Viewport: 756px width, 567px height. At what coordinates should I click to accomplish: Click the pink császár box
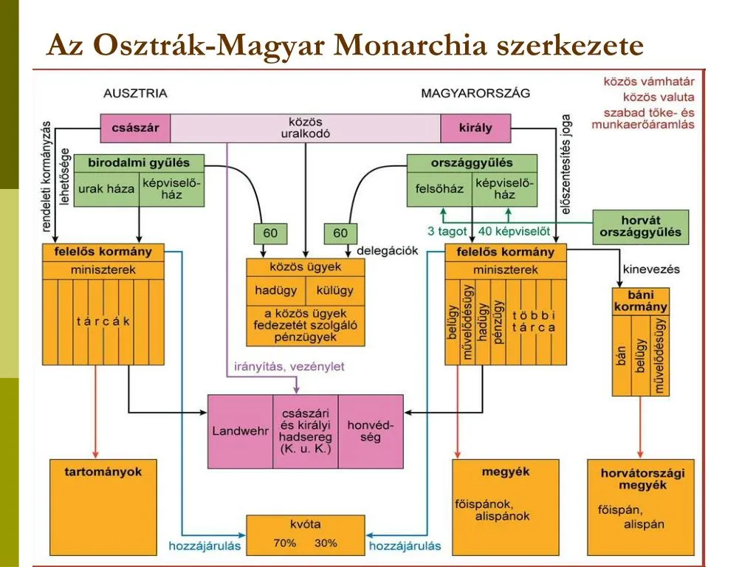(135, 128)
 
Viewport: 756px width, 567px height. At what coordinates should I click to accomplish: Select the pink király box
(475, 128)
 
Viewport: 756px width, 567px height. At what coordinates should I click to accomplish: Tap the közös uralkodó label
(305, 128)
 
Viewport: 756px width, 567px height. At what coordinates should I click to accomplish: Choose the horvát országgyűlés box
(641, 227)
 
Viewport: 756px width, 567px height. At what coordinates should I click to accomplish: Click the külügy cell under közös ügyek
(335, 290)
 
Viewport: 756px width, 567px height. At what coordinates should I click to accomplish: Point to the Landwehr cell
(240, 431)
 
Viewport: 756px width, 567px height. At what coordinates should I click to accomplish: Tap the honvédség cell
(371, 431)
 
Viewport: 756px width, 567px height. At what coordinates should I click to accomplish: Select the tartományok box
(103, 472)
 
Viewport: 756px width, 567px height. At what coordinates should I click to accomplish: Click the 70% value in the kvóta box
(284, 543)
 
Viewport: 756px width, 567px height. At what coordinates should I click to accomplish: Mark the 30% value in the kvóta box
(326, 543)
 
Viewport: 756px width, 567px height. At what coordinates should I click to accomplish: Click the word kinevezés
(652, 269)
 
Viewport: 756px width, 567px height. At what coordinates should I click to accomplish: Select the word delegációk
(388, 251)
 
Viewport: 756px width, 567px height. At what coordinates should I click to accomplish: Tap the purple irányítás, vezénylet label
(289, 366)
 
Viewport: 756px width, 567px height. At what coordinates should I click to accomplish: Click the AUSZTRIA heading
(135, 94)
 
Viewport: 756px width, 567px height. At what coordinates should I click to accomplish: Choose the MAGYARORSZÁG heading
(475, 94)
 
